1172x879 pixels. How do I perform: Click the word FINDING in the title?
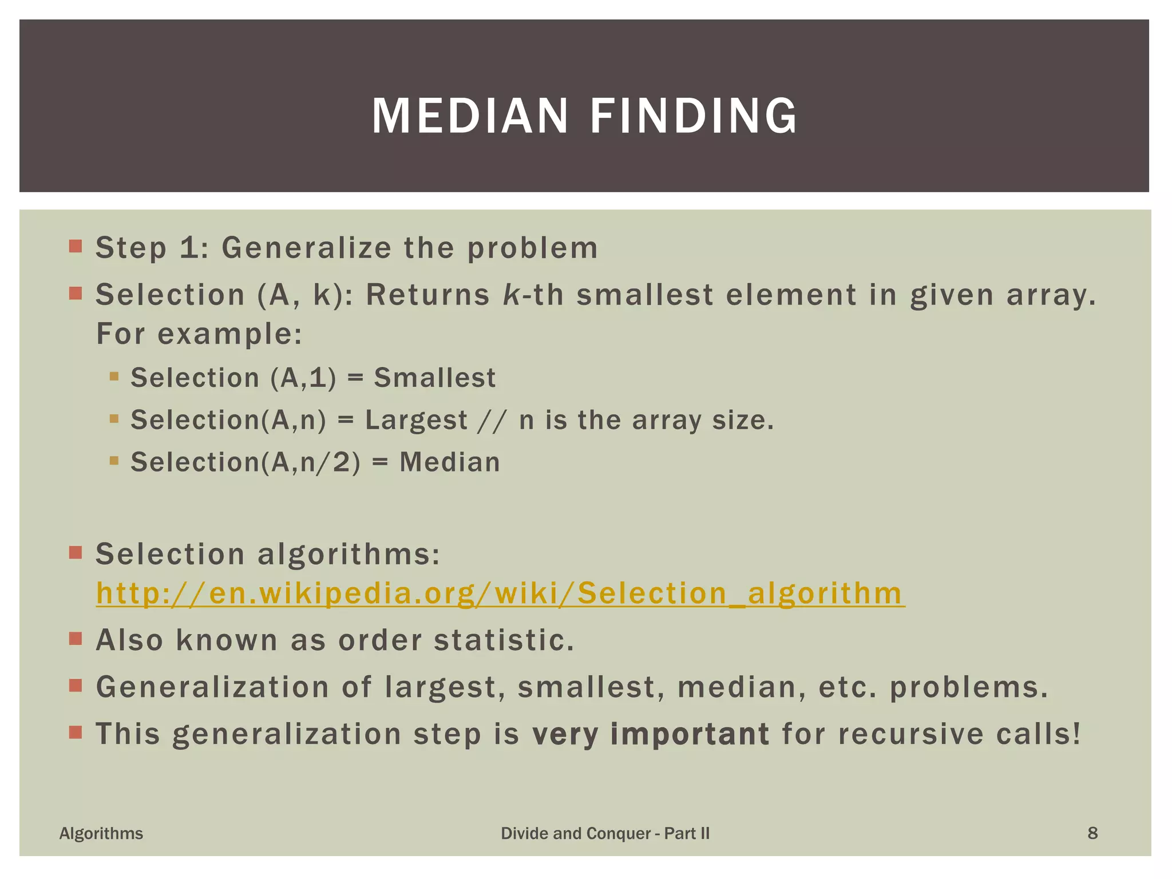(694, 116)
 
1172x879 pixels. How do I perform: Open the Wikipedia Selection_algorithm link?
(500, 593)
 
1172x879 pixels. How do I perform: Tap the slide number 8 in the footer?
(1092, 833)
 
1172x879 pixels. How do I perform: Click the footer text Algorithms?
(101, 833)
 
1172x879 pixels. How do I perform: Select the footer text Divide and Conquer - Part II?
(605, 833)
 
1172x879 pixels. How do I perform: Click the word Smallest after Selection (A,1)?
(434, 378)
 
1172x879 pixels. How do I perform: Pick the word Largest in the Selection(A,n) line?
(416, 421)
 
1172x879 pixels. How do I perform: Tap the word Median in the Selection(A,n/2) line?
(450, 462)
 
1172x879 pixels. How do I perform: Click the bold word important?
(690, 734)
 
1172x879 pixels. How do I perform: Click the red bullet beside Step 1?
(76, 247)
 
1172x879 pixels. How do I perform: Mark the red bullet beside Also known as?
(76, 639)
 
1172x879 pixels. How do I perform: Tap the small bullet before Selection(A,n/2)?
(114, 461)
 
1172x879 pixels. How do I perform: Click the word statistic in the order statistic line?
(504, 640)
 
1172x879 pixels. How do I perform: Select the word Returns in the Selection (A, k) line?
(427, 295)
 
